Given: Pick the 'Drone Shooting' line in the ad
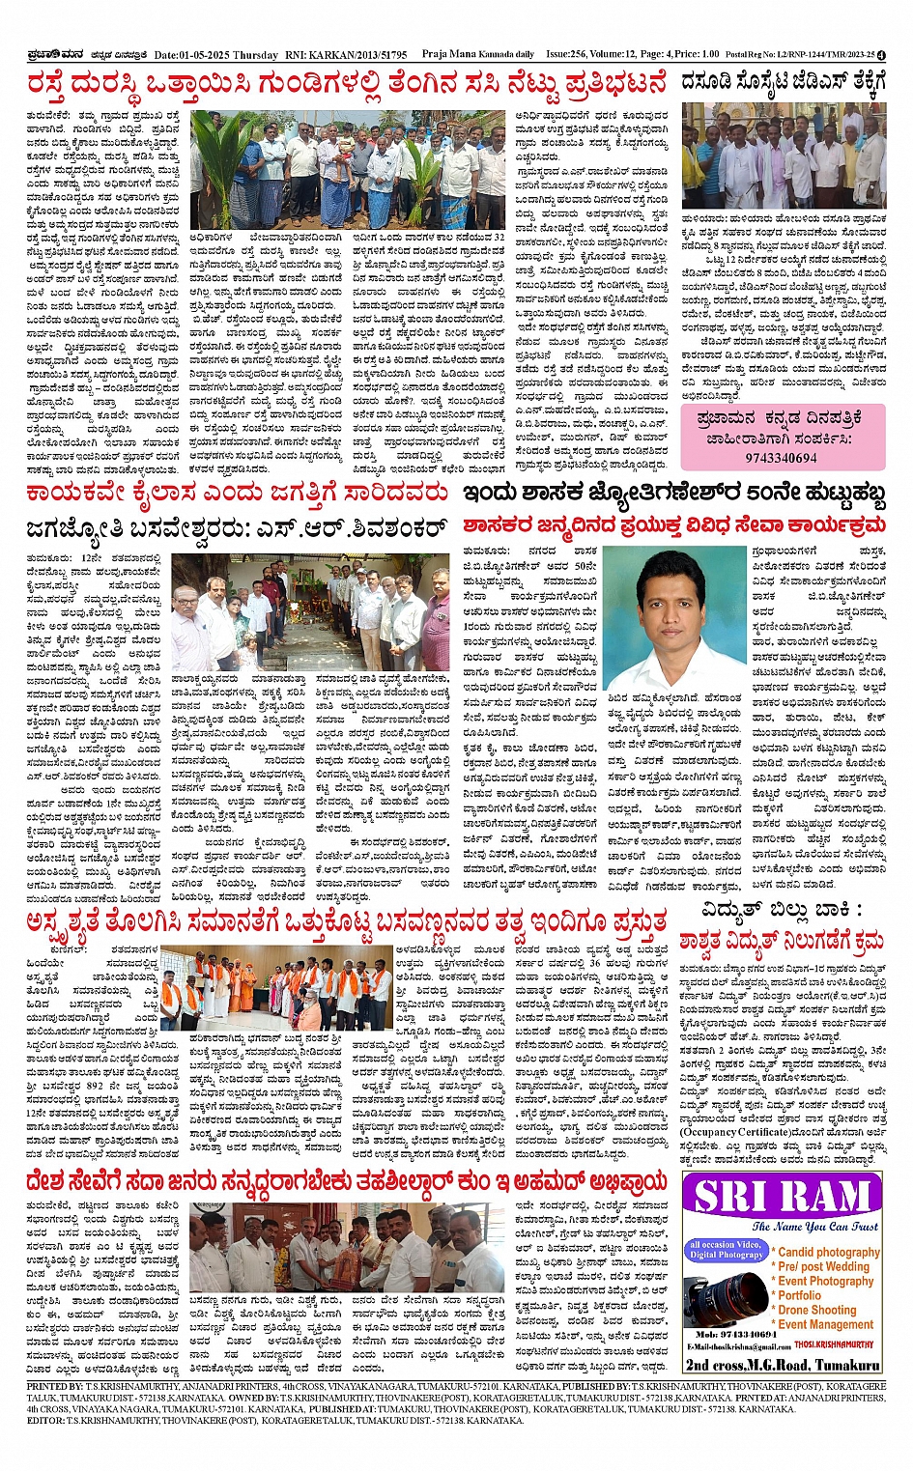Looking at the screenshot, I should click(x=817, y=1310).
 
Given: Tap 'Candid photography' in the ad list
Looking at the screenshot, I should click(x=830, y=1251).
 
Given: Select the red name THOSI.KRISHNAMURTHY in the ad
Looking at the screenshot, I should click(x=833, y=1344).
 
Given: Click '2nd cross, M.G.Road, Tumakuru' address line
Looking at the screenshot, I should click(x=782, y=1364).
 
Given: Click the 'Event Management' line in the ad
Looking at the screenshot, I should click(x=826, y=1324).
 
